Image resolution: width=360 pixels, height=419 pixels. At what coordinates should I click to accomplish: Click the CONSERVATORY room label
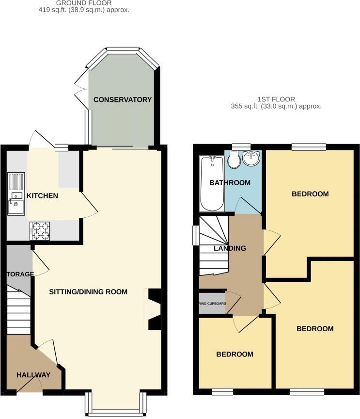click(123, 100)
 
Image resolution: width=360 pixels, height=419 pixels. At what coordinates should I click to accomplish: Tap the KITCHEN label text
click(42, 196)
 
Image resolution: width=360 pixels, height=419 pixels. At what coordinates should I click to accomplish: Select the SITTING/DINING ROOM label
click(88, 292)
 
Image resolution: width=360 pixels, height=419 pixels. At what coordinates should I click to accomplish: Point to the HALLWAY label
click(33, 375)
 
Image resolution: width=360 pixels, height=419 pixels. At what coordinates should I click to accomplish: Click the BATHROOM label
click(230, 183)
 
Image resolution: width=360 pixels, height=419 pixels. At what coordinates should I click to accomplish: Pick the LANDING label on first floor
click(230, 248)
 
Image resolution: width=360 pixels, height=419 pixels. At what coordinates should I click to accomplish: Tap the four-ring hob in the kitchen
click(40, 231)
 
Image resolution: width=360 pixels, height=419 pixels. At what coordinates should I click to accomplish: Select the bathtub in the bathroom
click(212, 183)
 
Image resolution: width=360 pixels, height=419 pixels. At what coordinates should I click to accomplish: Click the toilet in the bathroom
click(234, 160)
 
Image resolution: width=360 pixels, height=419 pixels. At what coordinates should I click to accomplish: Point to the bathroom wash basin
click(251, 158)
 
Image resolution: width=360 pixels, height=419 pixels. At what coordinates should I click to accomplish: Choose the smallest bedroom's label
click(235, 355)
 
